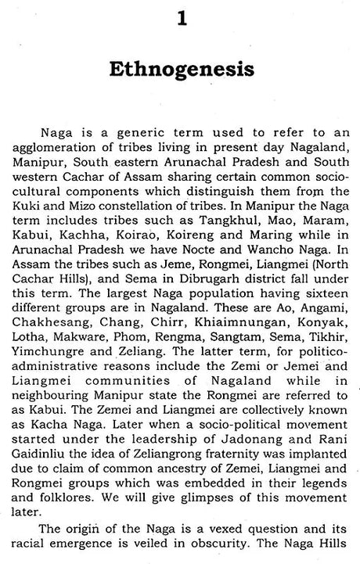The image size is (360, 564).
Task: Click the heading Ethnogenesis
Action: point(180,70)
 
